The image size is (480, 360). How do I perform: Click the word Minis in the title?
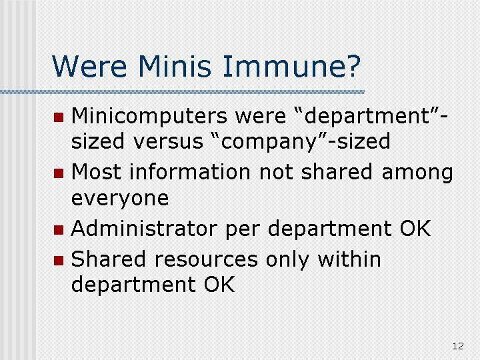pos(175,66)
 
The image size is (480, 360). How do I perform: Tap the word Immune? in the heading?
pos(292,66)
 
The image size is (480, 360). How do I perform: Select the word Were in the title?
pos(89,66)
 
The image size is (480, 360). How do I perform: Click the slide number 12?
pos(458,346)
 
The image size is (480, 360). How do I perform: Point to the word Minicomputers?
pos(149,117)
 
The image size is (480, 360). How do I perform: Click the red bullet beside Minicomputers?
pos(59,117)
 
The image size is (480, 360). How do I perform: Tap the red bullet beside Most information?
pos(59,173)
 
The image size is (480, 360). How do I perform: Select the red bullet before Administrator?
pos(59,230)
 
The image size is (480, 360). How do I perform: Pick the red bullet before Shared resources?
pos(59,261)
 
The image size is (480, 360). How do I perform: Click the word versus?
pos(168,142)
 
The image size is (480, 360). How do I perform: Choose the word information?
pos(190,172)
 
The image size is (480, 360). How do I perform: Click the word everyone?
pos(120,199)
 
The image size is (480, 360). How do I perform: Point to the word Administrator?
pos(144,229)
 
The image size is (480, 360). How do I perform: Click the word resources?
pos(206,260)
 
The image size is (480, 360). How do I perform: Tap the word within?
pos(349,259)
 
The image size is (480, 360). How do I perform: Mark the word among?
pos(417,173)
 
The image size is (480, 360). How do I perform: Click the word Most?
pos(96,172)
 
